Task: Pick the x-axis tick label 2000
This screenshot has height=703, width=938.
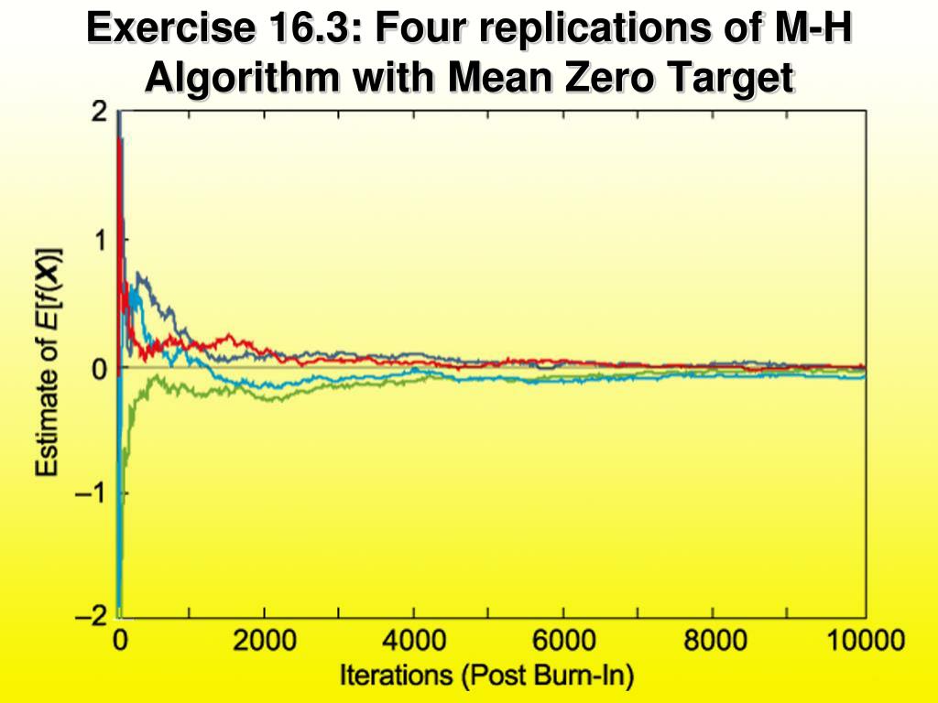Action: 264,640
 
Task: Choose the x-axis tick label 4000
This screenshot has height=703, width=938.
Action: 414,640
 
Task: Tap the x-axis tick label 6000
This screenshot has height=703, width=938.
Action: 564,640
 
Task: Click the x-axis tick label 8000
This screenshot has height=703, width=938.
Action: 714,640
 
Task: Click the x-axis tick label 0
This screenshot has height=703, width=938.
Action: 120,640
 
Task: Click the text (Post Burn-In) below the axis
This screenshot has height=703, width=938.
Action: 547,677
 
